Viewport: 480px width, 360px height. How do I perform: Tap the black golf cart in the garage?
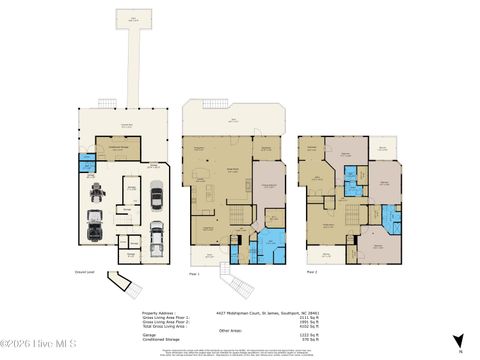pyautogui.click(x=97, y=191)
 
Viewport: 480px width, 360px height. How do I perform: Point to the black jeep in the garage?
pyautogui.click(x=96, y=229)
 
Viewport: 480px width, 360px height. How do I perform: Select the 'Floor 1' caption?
pyautogui.click(x=194, y=273)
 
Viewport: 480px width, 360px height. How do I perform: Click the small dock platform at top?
pyautogui.click(x=128, y=20)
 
